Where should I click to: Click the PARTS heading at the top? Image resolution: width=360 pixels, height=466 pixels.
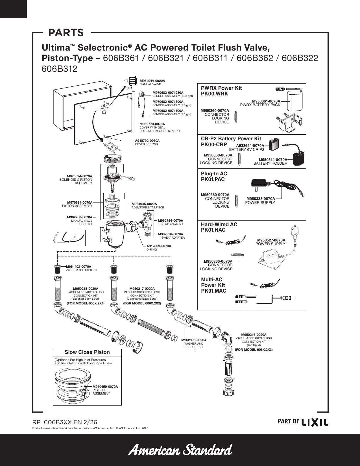(x=66, y=32)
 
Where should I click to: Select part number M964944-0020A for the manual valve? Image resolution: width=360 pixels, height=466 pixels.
(x=152, y=81)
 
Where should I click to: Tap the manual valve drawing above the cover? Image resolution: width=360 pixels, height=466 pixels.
(x=131, y=82)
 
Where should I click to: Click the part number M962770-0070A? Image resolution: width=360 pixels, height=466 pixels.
(x=152, y=124)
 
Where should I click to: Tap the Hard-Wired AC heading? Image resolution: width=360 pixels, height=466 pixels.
(x=219, y=225)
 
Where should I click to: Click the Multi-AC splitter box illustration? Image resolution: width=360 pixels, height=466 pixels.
(x=265, y=298)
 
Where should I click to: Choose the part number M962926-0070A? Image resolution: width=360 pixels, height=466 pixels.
(x=171, y=234)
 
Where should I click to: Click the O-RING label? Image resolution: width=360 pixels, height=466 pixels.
(x=152, y=250)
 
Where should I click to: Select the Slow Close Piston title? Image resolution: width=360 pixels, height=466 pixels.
(x=87, y=352)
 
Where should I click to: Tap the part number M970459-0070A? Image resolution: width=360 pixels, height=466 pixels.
(x=105, y=387)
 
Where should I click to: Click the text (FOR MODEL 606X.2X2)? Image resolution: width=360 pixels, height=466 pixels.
(x=142, y=303)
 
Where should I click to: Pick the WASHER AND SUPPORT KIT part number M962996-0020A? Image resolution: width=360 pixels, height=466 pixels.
(x=194, y=340)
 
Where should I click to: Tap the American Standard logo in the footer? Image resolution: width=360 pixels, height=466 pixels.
(x=180, y=450)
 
